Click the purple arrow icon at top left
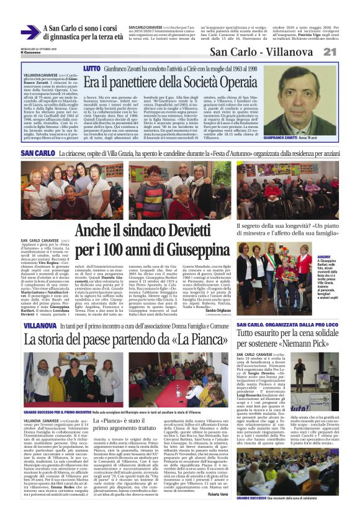click(30, 32)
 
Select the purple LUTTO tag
click(91, 68)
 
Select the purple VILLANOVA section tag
click(40, 325)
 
